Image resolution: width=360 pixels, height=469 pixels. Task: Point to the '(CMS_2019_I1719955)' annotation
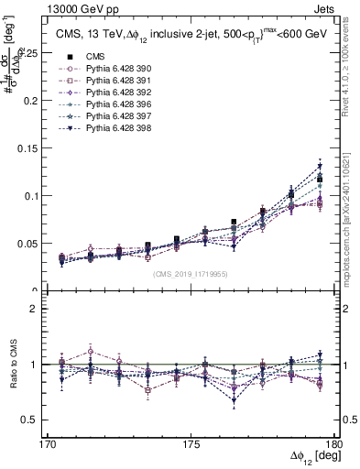click(x=191, y=274)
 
